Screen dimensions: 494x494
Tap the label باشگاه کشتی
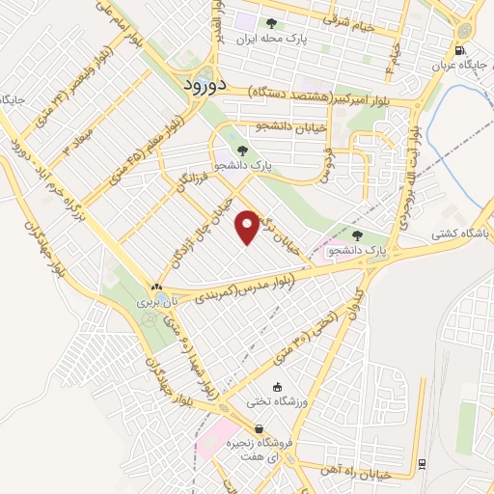pos(461,233)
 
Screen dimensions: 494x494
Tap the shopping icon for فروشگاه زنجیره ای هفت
pos(258,429)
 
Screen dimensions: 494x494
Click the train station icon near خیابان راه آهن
pos(423,465)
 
